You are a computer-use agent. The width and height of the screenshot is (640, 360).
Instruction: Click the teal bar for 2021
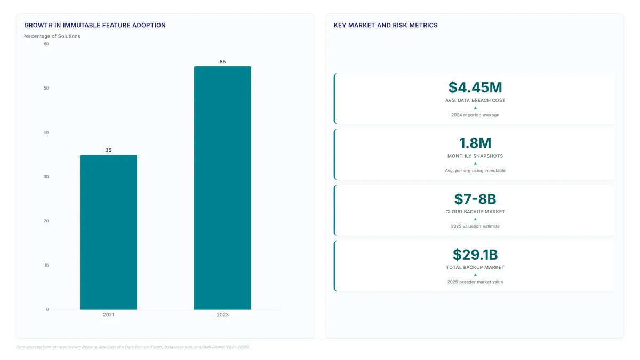click(x=108, y=232)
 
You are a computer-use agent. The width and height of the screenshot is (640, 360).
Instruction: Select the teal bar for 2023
click(x=222, y=188)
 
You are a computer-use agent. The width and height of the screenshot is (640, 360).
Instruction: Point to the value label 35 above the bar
click(x=108, y=150)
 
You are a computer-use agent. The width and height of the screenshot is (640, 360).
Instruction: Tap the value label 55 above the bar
click(x=222, y=61)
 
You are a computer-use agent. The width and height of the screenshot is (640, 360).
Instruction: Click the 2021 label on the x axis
click(x=109, y=315)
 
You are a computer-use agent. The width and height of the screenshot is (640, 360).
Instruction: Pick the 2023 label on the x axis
click(x=222, y=315)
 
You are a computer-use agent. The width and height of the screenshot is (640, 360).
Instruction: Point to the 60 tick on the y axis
click(x=46, y=44)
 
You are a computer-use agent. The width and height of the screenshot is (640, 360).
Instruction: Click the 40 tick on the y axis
click(x=46, y=132)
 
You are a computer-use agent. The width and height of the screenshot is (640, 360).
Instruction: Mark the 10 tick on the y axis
click(x=46, y=265)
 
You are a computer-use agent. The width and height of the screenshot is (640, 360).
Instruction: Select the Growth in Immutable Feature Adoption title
click(x=95, y=25)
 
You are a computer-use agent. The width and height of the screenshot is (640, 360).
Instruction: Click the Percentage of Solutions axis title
click(x=52, y=36)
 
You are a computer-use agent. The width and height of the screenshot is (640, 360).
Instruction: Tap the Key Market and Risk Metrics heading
click(x=386, y=25)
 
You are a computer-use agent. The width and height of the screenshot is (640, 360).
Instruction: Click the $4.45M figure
click(x=475, y=87)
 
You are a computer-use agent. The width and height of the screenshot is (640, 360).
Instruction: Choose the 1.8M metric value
click(x=475, y=143)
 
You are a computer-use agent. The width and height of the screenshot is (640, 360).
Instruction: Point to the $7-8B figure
click(x=475, y=198)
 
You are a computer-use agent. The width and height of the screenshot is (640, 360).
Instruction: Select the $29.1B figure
click(x=475, y=254)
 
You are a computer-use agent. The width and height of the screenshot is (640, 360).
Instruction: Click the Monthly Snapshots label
click(x=475, y=156)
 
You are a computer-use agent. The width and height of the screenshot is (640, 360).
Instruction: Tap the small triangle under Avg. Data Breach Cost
click(x=475, y=108)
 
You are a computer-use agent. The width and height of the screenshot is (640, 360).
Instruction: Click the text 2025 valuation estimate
click(x=475, y=226)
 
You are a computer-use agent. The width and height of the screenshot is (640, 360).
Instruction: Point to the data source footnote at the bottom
click(x=133, y=347)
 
